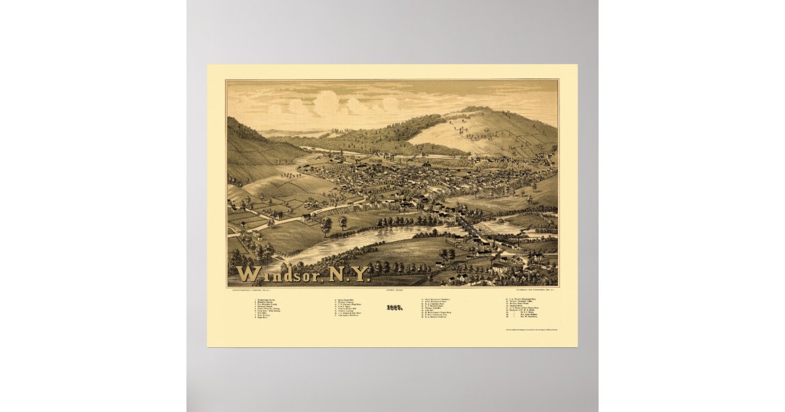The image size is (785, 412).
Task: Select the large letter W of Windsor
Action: [x=247, y=273]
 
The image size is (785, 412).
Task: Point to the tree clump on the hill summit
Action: [x=476, y=109]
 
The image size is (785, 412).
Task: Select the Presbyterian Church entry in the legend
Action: [x=270, y=300]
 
